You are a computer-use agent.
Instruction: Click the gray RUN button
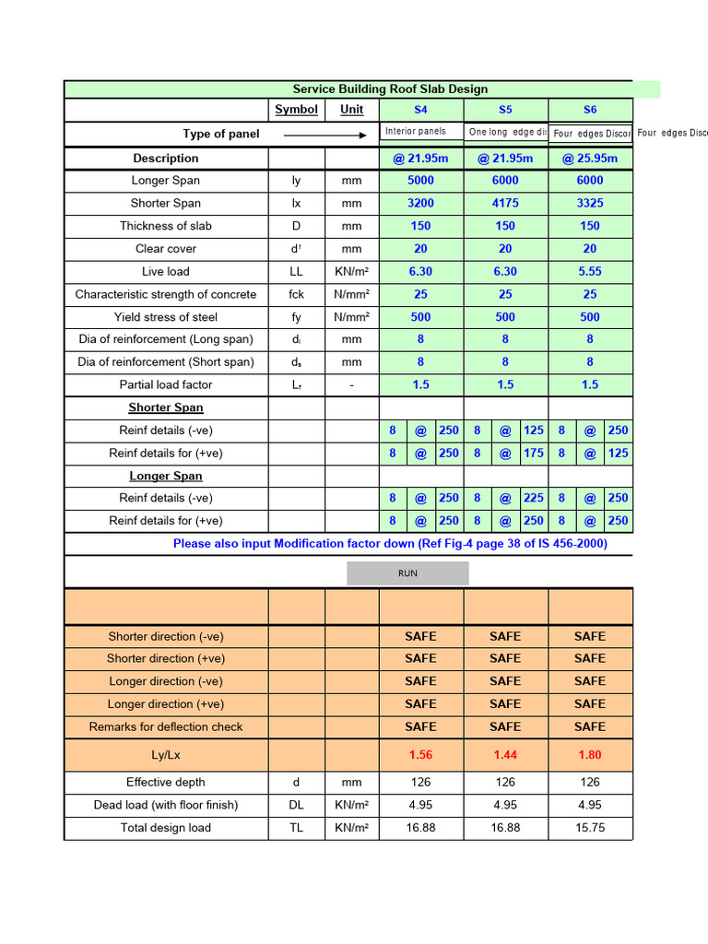pyautogui.click(x=407, y=573)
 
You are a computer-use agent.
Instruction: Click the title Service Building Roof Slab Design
pyautogui.click(x=390, y=89)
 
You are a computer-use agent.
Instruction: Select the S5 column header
pyautogui.click(x=505, y=110)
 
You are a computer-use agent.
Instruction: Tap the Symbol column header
pyautogui.click(x=296, y=110)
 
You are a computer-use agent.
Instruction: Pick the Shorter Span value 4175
pyautogui.click(x=505, y=204)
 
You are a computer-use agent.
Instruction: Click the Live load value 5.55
pyautogui.click(x=590, y=272)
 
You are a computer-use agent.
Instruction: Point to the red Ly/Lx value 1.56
pyautogui.click(x=420, y=755)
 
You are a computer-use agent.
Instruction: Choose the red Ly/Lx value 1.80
pyautogui.click(x=590, y=755)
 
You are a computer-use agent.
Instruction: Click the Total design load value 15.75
pyautogui.click(x=590, y=828)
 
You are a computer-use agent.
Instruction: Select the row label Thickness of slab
pyautogui.click(x=166, y=226)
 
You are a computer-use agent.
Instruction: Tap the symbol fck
pyautogui.click(x=296, y=295)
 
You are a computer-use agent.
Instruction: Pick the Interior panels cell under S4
pyautogui.click(x=416, y=132)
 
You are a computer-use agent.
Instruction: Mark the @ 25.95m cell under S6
pyautogui.click(x=590, y=159)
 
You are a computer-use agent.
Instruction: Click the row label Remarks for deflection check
pyautogui.click(x=166, y=727)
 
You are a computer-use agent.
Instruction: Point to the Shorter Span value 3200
pyautogui.click(x=420, y=204)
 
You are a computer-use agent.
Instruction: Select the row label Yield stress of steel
pyautogui.click(x=166, y=317)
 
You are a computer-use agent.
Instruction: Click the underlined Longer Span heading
pyautogui.click(x=166, y=477)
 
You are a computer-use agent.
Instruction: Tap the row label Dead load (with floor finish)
pyautogui.click(x=166, y=805)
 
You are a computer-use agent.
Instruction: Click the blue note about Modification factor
pyautogui.click(x=390, y=544)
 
